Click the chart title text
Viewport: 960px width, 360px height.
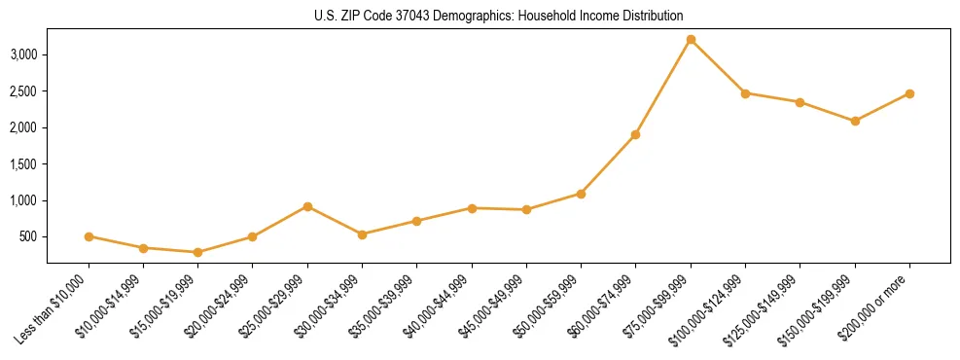pyautogui.click(x=498, y=16)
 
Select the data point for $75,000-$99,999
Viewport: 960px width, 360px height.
pyautogui.click(x=691, y=40)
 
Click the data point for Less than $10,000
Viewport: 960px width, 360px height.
pyautogui.click(x=89, y=236)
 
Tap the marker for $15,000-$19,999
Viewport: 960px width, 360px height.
pyautogui.click(x=197, y=252)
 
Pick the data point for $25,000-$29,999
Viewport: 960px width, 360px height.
pyautogui.click(x=307, y=206)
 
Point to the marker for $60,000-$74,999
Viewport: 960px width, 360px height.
pyautogui.click(x=635, y=134)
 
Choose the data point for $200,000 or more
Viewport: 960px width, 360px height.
pyautogui.click(x=909, y=93)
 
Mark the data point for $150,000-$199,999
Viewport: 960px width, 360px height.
pyautogui.click(x=855, y=121)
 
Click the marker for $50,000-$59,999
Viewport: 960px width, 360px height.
pyautogui.click(x=581, y=194)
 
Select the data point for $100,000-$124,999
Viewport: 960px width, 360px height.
pyautogui.click(x=745, y=93)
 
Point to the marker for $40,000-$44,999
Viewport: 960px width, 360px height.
pyautogui.click(x=472, y=208)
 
